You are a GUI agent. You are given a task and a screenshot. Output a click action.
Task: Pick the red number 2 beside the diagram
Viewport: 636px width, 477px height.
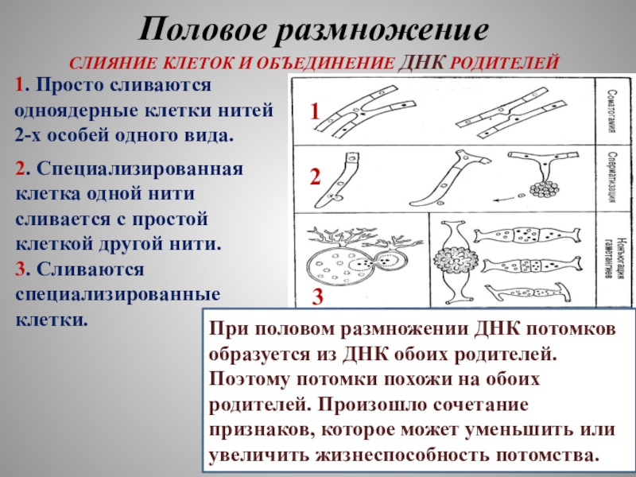pos(315,176)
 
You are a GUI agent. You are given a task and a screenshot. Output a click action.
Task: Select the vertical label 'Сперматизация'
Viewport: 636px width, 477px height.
pos(613,178)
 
